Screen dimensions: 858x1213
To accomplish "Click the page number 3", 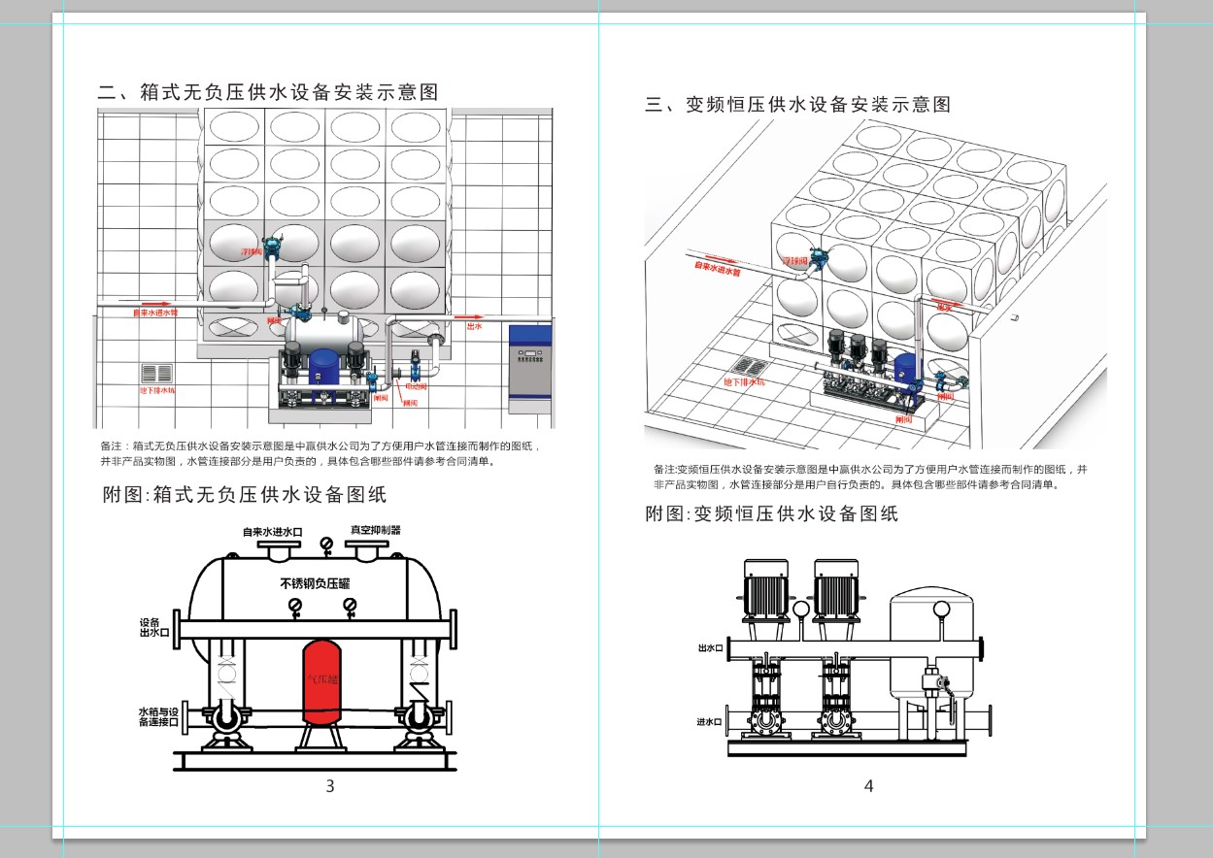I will (330, 786).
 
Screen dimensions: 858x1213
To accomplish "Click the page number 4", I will (868, 786).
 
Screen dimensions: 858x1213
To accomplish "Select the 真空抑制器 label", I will (376, 530).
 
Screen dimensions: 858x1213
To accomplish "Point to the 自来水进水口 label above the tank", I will (273, 532).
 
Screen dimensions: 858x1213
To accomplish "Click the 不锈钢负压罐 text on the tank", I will (315, 583).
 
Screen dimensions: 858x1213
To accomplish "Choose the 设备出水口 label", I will (154, 627).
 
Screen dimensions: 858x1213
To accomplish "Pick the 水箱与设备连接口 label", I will (158, 717).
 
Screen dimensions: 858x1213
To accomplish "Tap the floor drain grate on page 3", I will (156, 374).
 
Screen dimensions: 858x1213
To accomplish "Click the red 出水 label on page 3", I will (475, 327).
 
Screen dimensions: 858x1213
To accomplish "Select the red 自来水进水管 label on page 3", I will (155, 313).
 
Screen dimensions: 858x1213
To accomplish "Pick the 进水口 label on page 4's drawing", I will (710, 722).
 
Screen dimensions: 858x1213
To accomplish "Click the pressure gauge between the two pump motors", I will (801, 609).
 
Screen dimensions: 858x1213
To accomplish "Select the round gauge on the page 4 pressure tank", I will (941, 610).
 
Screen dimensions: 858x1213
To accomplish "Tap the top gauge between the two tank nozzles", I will (326, 550).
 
